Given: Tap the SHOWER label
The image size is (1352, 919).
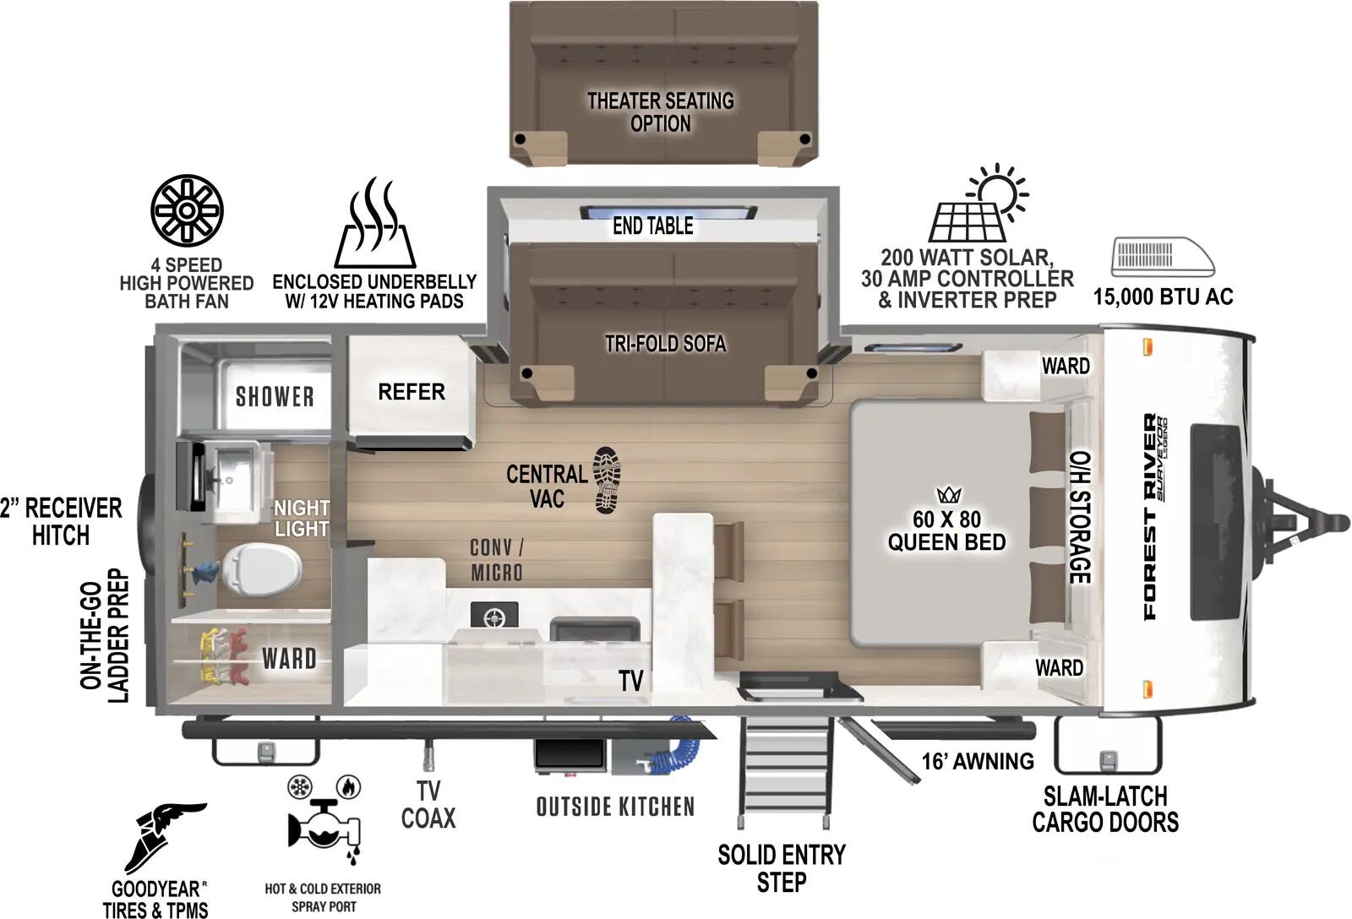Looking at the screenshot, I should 275,396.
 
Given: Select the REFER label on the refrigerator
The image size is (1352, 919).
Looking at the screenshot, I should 412,392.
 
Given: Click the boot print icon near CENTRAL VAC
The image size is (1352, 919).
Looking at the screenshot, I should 607,481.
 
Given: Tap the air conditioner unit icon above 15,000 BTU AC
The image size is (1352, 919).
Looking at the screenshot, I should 1163,256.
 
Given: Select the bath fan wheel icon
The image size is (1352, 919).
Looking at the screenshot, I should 188,210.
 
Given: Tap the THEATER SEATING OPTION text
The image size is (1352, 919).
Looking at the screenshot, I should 661,111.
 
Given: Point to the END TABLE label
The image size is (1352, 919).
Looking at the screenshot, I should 652,226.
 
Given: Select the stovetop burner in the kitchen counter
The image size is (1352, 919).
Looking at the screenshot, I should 494,617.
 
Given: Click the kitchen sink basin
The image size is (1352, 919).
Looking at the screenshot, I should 595,629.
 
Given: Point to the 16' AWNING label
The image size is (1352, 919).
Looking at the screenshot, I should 977,761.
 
